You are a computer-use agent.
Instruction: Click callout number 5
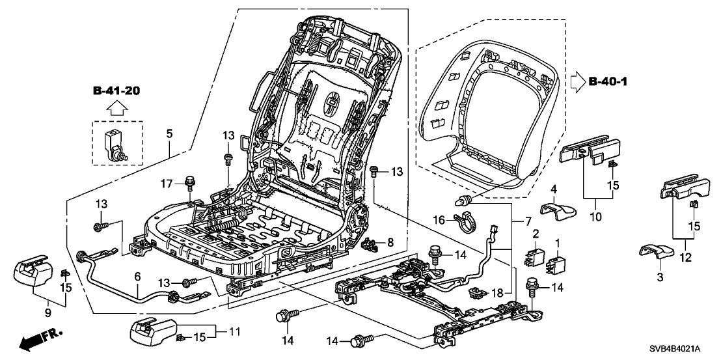pos(169,135)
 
